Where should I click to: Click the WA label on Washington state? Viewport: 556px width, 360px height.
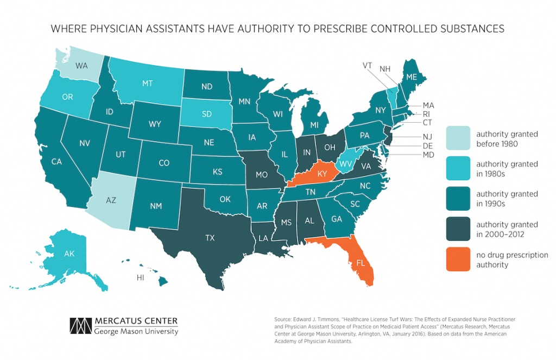coord(82,66)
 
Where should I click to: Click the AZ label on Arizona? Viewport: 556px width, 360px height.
coord(111,200)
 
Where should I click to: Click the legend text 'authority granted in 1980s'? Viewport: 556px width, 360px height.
coord(507,169)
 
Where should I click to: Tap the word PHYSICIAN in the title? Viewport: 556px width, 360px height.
coord(129,29)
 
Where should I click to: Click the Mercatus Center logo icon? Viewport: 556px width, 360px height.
coord(80,325)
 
